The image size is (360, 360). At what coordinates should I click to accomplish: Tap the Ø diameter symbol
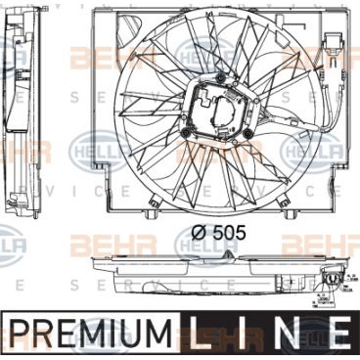(x=195, y=233)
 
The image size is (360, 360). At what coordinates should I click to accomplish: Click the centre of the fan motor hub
(x=224, y=110)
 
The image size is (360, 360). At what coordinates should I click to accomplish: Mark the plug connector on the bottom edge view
(x=339, y=283)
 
